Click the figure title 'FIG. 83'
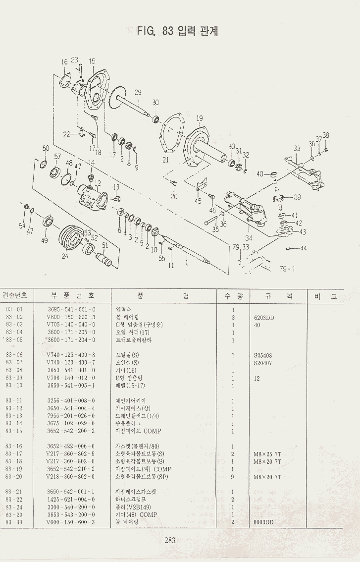pos(155,31)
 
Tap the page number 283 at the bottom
pos(170,540)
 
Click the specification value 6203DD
pos(263,317)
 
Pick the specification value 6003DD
pos(263,522)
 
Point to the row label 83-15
pos(14,431)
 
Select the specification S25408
pos(262,355)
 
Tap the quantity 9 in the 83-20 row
pos(232,477)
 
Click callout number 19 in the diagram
pos(200,118)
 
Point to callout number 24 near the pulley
pos(65,256)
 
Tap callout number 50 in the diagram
pos(46,149)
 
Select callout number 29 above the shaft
pos(138,92)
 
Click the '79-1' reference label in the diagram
pos(287,269)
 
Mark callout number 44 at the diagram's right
pos(303,248)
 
